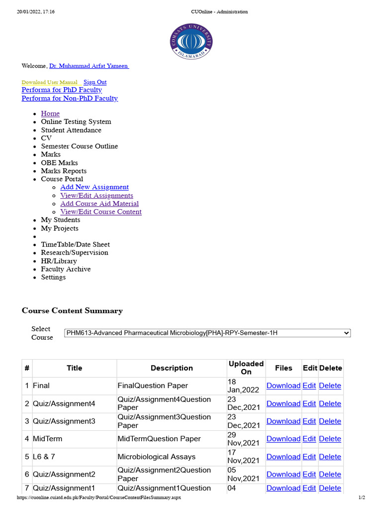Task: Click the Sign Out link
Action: point(95,82)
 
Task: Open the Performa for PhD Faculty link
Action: point(62,90)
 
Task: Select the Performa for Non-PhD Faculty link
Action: point(70,99)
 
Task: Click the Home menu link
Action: point(50,114)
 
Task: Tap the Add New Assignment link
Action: point(95,187)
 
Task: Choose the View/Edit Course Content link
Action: point(101,212)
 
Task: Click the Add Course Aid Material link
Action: point(99,204)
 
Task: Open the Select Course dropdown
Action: point(207,333)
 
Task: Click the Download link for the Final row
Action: point(284,385)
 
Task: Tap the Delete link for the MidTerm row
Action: point(330,439)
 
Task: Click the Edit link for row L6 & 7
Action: point(309,457)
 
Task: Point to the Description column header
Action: point(172,368)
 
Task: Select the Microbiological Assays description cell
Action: point(157,457)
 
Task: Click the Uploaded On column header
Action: point(246,368)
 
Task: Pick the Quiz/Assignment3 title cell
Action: point(64,421)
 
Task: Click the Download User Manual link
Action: point(50,82)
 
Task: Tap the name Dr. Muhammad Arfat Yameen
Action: point(89,66)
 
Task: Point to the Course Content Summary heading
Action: point(72,311)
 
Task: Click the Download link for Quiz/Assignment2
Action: point(284,474)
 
